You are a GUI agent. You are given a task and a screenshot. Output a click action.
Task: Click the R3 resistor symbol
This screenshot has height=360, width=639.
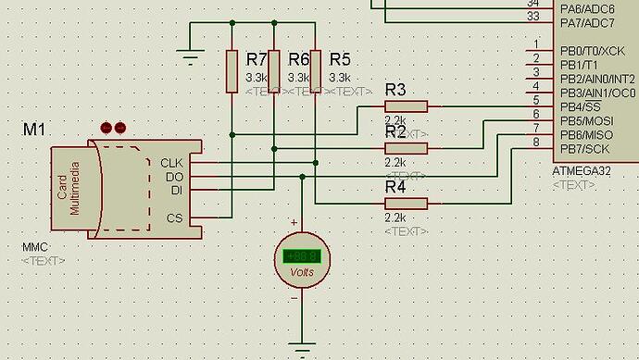coord(406,106)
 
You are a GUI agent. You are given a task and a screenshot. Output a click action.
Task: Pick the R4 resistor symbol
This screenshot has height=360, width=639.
coord(406,204)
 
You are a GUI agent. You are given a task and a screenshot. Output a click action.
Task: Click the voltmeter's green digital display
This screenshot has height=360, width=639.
coord(302,256)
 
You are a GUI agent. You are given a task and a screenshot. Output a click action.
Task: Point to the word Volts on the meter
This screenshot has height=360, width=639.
coord(302,273)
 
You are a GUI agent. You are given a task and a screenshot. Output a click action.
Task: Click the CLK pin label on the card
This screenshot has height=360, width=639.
coord(172,163)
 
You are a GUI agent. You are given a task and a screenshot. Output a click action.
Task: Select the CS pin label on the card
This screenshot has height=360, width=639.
coord(175,218)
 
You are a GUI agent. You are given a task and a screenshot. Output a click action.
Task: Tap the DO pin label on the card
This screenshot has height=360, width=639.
coord(175,177)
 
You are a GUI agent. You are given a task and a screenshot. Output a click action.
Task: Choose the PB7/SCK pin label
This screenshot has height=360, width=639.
coord(584,149)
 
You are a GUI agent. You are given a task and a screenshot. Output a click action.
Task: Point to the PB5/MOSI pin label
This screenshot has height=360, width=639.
coord(586,121)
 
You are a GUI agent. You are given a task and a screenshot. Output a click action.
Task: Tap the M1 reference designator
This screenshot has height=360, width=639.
coord(34,130)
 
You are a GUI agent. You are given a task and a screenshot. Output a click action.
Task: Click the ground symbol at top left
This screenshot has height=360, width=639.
coord(190,58)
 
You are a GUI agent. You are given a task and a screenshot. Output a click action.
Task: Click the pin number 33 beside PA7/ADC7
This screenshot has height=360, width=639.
coord(532,17)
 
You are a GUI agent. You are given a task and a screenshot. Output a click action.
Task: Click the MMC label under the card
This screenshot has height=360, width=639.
coord(34,248)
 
